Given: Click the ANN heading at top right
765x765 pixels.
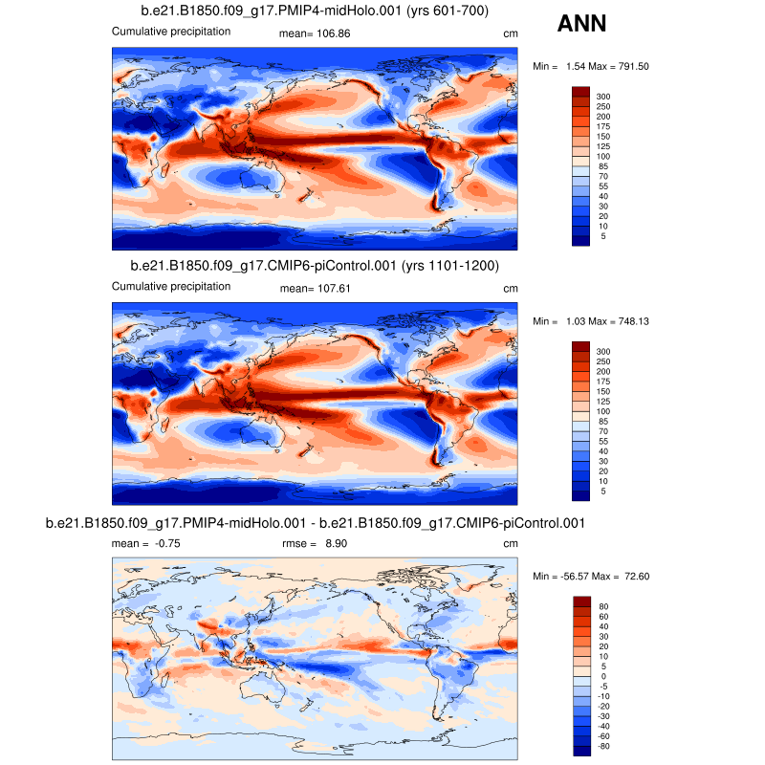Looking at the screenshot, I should point(580,22).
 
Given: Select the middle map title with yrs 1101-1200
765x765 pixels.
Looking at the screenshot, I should point(315,265).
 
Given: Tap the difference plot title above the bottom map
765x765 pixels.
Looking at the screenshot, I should point(315,523).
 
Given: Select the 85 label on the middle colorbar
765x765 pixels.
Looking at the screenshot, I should point(603,421).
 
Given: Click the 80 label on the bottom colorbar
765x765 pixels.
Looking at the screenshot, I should point(603,606).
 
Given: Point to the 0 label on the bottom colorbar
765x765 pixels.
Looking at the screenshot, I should point(601,675).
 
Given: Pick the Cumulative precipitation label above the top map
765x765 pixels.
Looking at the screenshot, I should point(171,32).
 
